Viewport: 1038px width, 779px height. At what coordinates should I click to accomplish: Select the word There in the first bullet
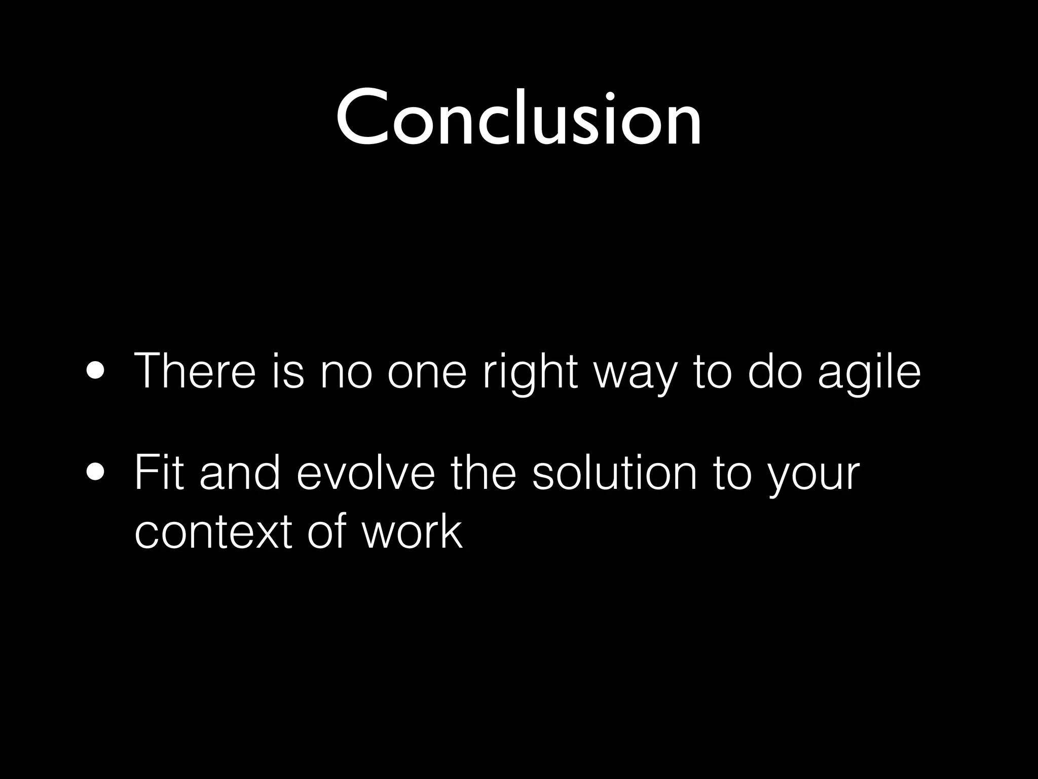click(195, 371)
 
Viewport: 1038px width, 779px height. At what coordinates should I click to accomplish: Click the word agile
click(869, 373)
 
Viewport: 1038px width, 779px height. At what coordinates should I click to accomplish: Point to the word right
click(530, 373)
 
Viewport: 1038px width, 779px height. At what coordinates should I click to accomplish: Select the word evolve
click(365, 474)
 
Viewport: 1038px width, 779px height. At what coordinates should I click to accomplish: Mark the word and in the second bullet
click(239, 474)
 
